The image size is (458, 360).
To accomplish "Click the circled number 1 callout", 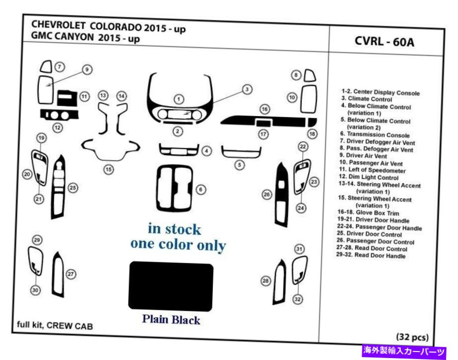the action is point(179,99).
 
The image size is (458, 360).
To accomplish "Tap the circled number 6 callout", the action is point(200,190).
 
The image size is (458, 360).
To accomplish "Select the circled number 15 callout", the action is point(108,169).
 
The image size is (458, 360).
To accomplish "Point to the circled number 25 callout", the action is point(73,188).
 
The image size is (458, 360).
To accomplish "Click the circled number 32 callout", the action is point(297,299).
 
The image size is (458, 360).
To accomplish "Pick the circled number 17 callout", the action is point(263,134).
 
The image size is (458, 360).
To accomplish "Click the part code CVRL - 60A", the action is point(385,42).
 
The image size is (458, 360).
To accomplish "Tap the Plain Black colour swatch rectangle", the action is point(171,287).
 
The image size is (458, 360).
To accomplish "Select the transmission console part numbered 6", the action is point(174,188).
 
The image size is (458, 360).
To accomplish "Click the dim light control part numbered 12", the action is point(60,115).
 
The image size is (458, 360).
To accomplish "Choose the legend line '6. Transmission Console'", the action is point(375,135).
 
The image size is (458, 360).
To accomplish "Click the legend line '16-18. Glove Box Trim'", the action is point(368,213).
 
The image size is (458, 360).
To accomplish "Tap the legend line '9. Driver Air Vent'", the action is point(363,156).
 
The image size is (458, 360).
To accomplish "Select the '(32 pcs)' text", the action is point(412,337).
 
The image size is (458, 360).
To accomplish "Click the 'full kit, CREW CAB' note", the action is point(55,325).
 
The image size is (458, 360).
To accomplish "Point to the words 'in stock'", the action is point(174,229).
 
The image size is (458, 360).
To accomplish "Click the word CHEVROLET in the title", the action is point(58,25).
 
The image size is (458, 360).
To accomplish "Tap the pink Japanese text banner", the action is point(404,351).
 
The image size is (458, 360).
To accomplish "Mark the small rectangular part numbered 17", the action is point(263,123).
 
